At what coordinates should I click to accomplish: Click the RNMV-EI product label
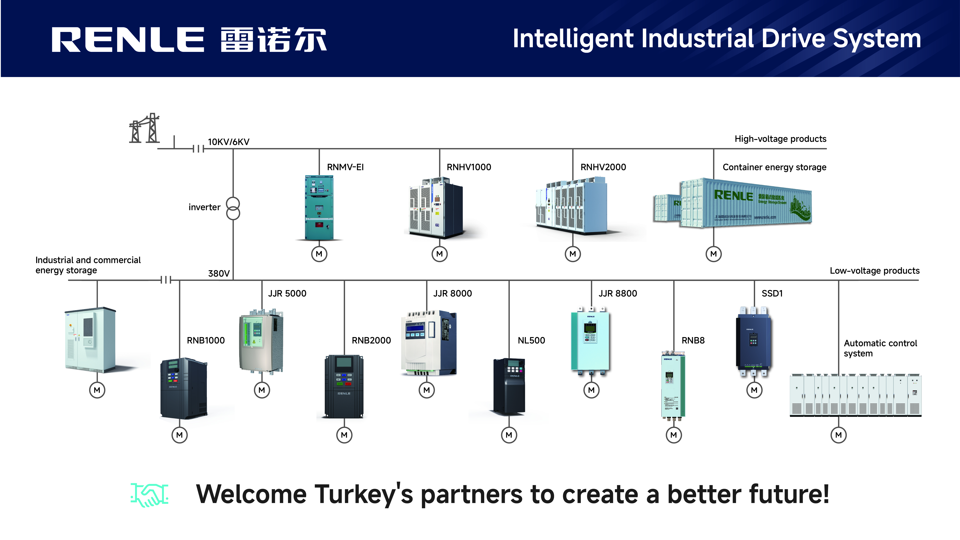point(345,167)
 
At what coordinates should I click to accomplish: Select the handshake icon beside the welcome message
point(149,495)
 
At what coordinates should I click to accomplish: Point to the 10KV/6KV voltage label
point(228,142)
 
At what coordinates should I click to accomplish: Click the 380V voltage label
point(219,273)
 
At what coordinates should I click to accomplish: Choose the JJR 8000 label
point(453,293)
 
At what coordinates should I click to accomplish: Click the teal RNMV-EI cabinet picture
point(319,208)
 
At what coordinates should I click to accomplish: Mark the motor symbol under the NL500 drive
point(509,435)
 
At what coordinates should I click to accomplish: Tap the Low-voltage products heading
point(874,271)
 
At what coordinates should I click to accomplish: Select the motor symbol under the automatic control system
point(838,435)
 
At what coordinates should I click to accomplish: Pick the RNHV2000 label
point(603,167)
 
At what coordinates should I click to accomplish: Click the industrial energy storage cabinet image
point(90,339)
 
